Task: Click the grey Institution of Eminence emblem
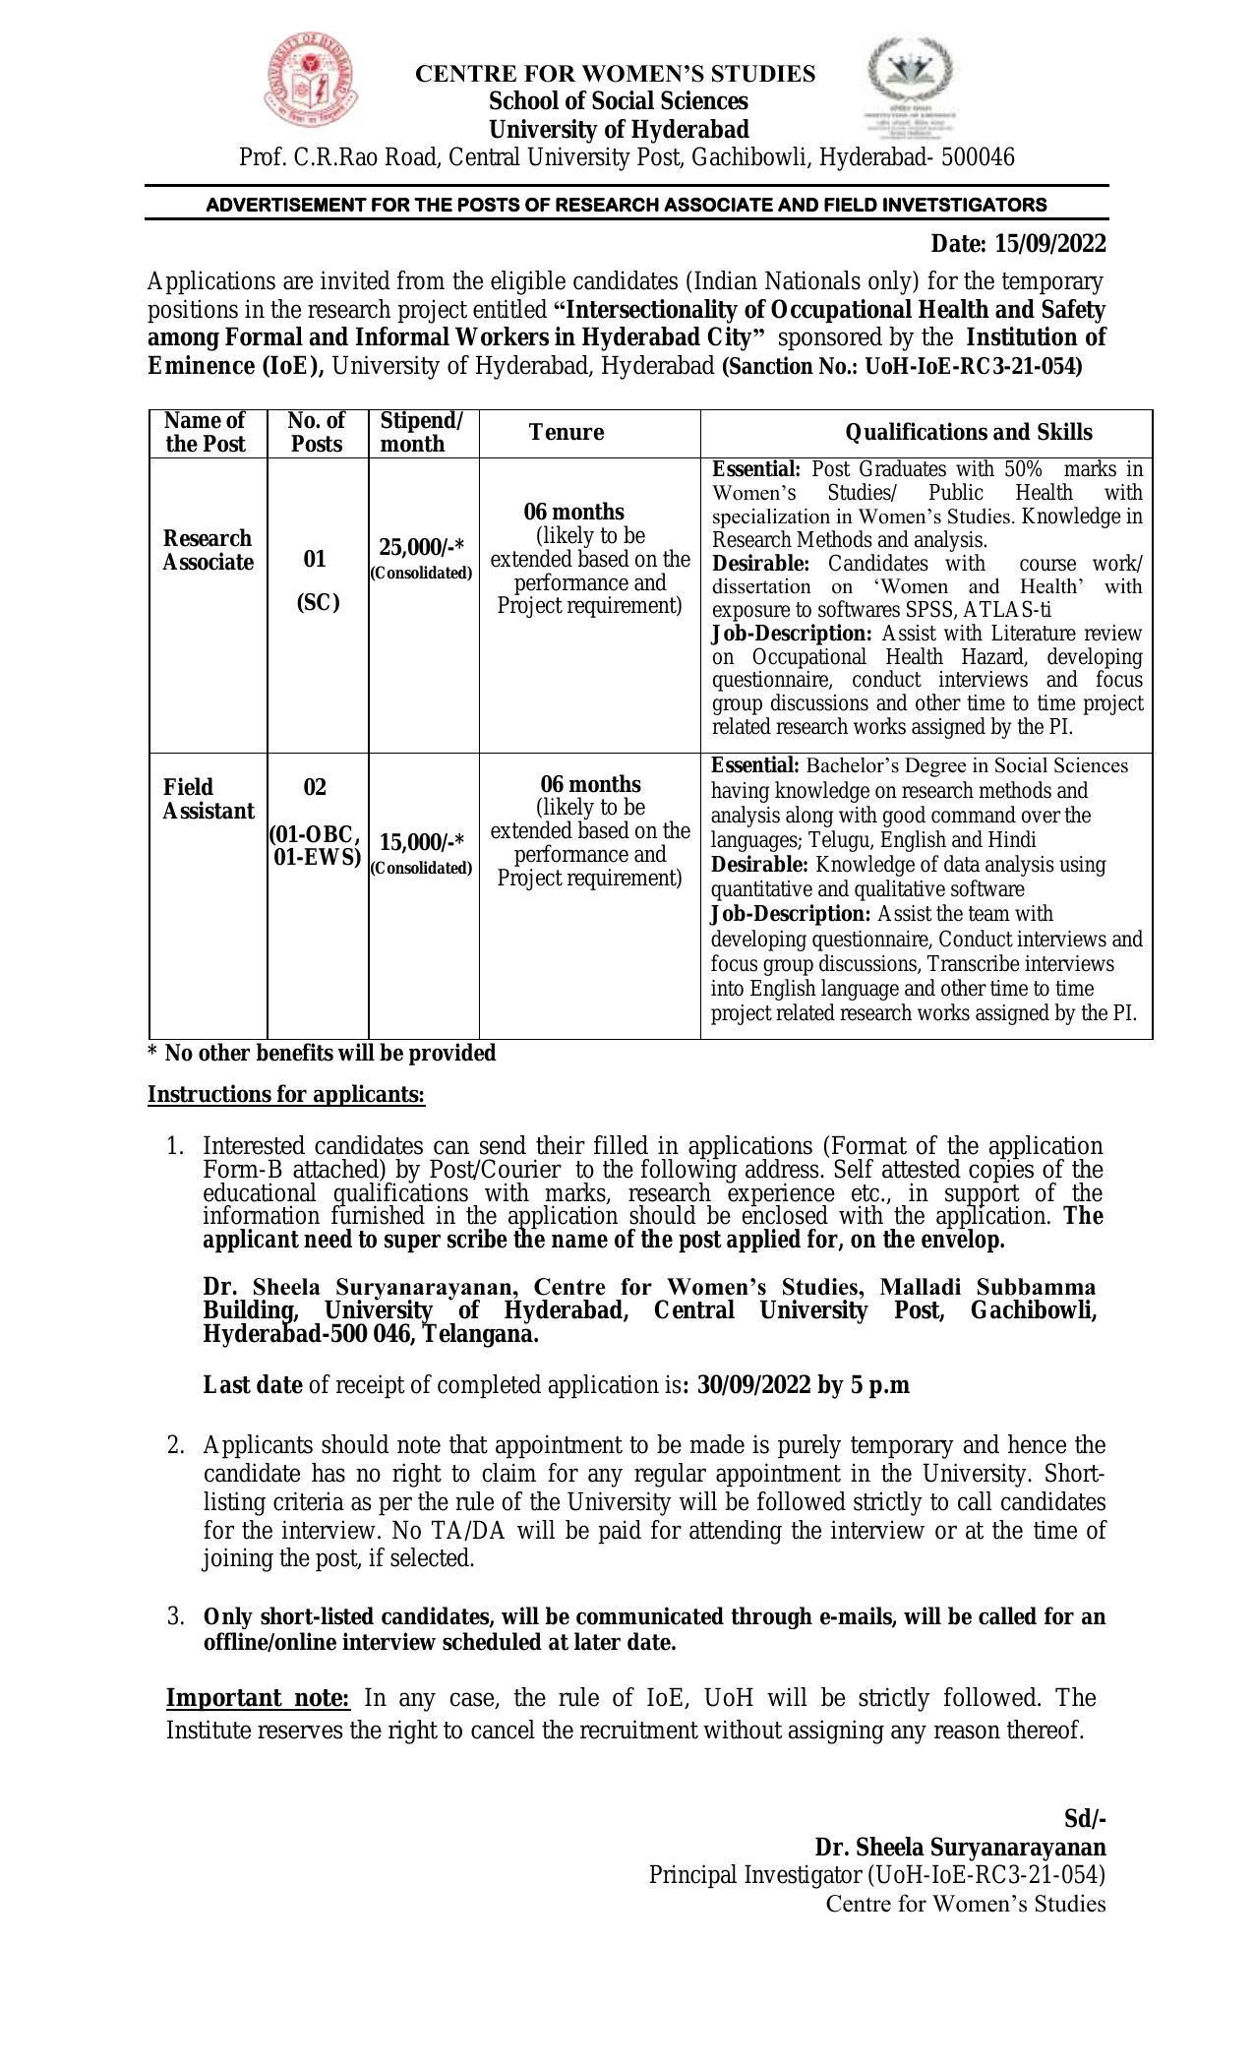click(910, 88)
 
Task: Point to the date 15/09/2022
click(1050, 244)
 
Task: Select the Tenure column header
click(566, 433)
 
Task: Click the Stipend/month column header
click(421, 433)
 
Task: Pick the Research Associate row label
click(208, 551)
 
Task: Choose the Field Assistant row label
click(208, 799)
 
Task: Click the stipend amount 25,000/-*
click(422, 547)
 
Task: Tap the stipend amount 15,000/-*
click(422, 842)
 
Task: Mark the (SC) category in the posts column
click(318, 603)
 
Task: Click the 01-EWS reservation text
click(317, 858)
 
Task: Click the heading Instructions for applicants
click(286, 1095)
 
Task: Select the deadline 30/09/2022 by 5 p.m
click(803, 1386)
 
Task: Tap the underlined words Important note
click(258, 1699)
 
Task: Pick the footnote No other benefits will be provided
click(322, 1054)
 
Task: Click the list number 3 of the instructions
click(175, 1616)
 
